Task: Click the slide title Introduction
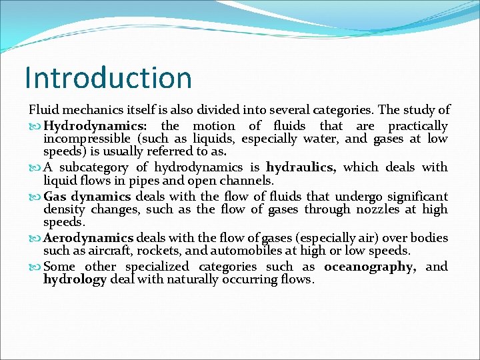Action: click(108, 77)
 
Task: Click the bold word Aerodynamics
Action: click(89, 238)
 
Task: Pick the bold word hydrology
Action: click(75, 280)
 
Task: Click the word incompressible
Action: click(87, 139)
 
